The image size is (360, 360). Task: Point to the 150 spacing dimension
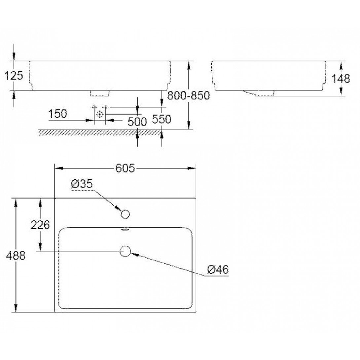tap(57, 114)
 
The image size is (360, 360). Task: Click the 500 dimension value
tap(137, 122)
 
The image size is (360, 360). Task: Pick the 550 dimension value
tap(162, 119)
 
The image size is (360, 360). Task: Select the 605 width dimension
tap(125, 168)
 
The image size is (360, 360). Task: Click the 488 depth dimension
tap(16, 255)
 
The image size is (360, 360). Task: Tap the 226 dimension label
tap(40, 225)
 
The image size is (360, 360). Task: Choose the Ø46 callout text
tap(218, 270)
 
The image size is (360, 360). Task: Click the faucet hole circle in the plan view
tap(125, 214)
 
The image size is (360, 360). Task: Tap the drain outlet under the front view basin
tap(100, 93)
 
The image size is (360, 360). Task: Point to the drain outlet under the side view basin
tap(260, 93)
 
